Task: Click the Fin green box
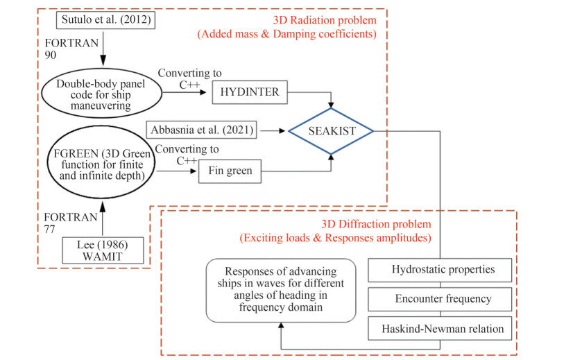pos(229,170)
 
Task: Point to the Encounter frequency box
pos(442,299)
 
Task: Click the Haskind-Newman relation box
pos(442,328)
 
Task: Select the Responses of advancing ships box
pos(280,290)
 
